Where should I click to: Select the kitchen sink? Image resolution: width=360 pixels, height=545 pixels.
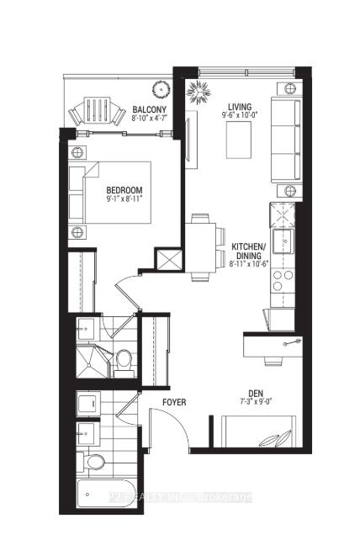click(281, 243)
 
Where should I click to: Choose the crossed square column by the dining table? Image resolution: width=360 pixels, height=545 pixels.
click(172, 260)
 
